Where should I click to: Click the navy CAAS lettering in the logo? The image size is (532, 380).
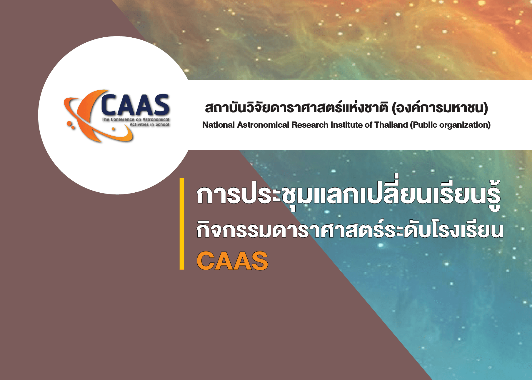point(135,105)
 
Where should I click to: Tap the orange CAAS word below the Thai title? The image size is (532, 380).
point(232,261)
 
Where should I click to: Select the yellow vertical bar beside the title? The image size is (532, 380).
point(182,224)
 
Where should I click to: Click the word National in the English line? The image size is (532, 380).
point(219,125)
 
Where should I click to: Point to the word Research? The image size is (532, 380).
point(310,125)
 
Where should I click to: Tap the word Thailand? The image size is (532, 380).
point(391,125)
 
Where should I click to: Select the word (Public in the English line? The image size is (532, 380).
point(423,125)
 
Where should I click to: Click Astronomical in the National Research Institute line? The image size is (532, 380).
point(263,125)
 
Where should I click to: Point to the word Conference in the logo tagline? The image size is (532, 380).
point(122,119)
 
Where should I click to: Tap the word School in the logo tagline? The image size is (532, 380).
point(162,124)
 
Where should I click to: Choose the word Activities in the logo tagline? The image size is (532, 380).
point(139,124)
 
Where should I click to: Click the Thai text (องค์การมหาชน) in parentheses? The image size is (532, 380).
point(440,108)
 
